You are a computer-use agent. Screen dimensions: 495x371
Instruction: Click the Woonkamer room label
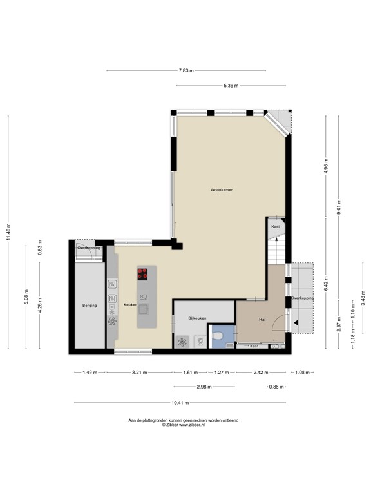221,190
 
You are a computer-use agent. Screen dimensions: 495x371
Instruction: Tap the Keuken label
130,304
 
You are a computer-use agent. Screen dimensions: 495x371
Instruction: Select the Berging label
89,305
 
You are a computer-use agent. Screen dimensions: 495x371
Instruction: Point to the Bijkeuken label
197,318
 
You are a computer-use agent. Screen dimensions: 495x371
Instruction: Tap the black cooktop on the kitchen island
143,273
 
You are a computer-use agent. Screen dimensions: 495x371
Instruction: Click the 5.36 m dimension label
231,85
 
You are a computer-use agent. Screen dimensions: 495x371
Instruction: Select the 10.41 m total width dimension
180,403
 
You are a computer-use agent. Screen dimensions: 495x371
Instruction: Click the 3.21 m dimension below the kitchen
139,372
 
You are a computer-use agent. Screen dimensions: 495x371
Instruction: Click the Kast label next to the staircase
275,227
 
